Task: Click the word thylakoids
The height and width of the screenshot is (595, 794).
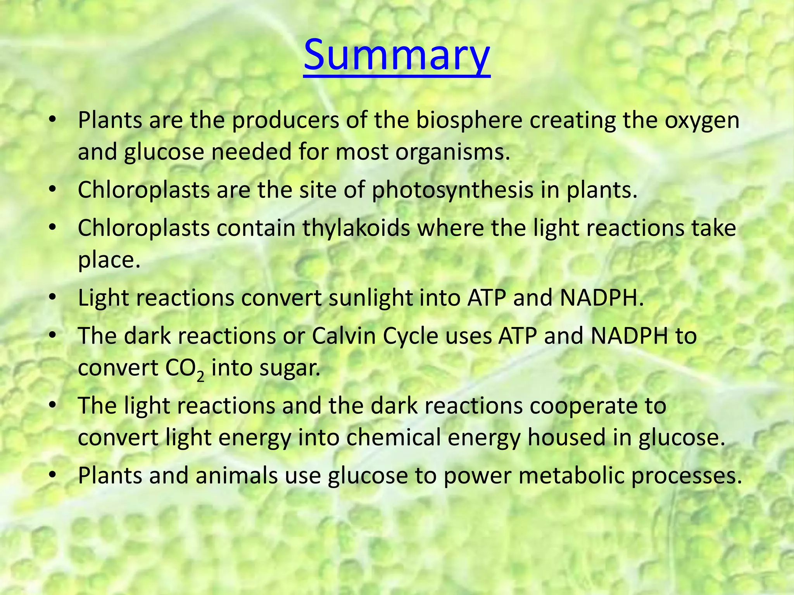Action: point(356,228)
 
